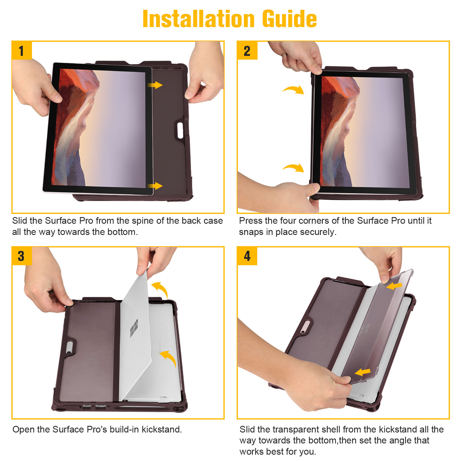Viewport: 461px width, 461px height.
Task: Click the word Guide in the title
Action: point(289,19)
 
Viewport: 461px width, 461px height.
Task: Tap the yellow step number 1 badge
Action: point(22,50)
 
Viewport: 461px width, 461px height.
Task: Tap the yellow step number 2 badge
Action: point(247,50)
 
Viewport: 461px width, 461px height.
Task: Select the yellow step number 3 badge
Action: point(22,256)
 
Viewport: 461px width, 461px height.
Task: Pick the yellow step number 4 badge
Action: point(247,256)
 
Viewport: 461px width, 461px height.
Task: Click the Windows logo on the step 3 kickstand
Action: point(134,328)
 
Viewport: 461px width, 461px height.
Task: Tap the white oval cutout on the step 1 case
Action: point(180,130)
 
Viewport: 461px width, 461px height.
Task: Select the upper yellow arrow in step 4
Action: point(394,286)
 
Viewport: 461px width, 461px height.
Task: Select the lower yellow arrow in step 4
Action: point(363,372)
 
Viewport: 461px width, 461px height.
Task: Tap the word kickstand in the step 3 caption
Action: point(162,429)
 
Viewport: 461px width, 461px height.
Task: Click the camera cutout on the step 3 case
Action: point(69,347)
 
